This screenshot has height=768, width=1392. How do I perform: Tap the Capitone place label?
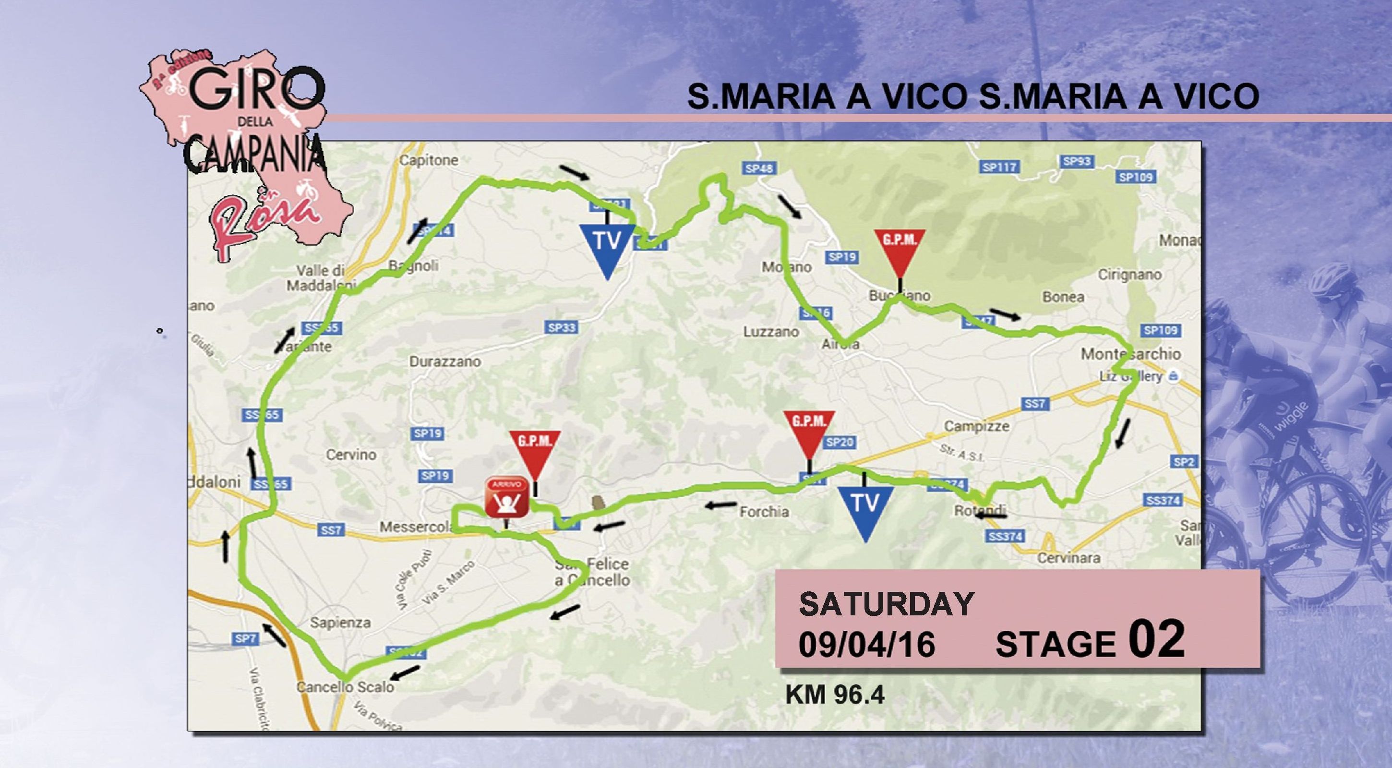point(429,160)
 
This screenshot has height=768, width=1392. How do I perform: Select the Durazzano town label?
point(445,361)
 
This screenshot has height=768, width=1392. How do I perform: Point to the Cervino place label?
point(351,455)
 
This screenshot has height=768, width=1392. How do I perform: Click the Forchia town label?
point(764,511)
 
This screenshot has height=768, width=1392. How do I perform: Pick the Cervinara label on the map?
point(1068,558)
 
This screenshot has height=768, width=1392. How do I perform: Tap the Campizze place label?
point(976,426)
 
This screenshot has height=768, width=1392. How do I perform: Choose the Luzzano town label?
point(771,331)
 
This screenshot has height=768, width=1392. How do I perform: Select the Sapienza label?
point(340,622)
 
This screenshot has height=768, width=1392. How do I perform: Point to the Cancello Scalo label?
point(345,687)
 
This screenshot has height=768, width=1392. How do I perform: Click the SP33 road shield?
point(562,327)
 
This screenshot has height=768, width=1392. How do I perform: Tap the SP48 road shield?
point(759,168)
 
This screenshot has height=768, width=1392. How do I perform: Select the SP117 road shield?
point(1000,168)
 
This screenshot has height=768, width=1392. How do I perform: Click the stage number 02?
point(1156,639)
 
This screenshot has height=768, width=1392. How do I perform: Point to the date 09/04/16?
point(867,644)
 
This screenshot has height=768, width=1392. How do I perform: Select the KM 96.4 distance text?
point(835,695)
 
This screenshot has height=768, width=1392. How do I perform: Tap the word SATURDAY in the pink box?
point(886,604)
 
